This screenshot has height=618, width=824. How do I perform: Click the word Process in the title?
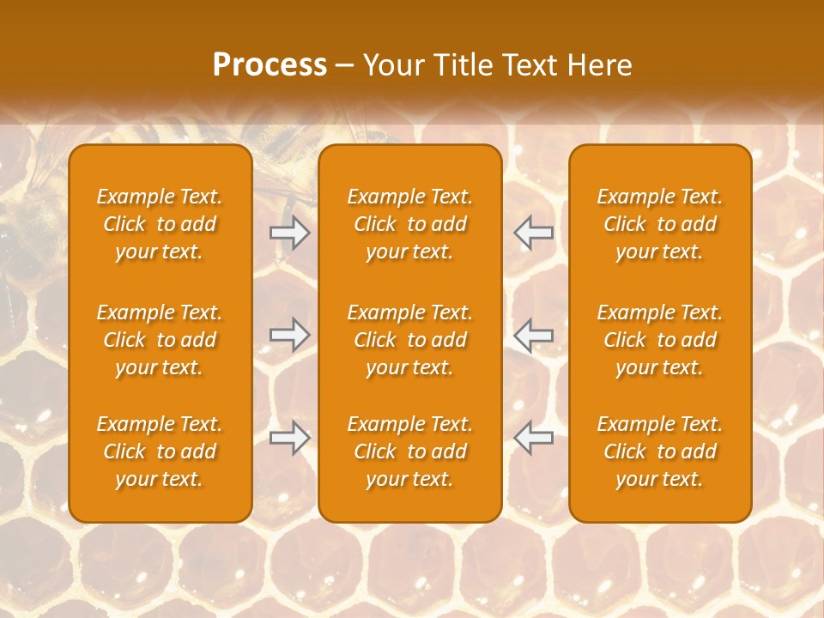click(x=270, y=64)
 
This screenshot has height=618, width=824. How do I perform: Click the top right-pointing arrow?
click(x=290, y=233)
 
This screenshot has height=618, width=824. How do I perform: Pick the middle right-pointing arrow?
click(x=290, y=335)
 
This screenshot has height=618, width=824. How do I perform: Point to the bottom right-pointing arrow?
click(x=290, y=438)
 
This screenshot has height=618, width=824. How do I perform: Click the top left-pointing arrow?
click(x=533, y=233)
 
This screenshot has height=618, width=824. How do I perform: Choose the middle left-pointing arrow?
click(x=533, y=335)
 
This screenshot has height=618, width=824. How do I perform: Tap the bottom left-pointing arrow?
click(x=533, y=438)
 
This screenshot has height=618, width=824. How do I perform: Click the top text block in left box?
click(x=160, y=224)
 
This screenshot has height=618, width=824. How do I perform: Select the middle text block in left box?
click(x=160, y=340)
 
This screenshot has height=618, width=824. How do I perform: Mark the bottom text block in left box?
click(x=160, y=451)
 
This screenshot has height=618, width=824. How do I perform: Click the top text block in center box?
click(x=409, y=224)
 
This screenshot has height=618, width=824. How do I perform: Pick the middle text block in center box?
click(x=409, y=340)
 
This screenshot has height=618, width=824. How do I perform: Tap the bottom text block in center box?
click(x=409, y=451)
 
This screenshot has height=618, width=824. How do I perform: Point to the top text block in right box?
click(x=659, y=224)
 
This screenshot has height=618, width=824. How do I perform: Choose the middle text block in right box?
click(x=659, y=340)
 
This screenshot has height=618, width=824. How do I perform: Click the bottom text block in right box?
click(x=659, y=451)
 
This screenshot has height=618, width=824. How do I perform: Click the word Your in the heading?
click(x=392, y=64)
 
